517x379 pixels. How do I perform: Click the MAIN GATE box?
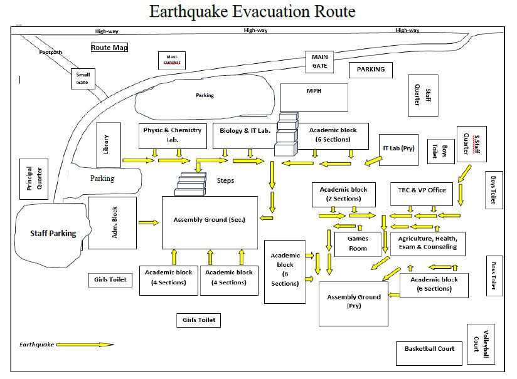[x=320, y=61]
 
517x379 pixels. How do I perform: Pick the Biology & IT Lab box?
[x=245, y=134]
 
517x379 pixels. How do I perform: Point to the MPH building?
[x=314, y=97]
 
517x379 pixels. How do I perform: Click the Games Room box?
[x=358, y=243]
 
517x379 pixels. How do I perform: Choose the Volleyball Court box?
[x=481, y=345]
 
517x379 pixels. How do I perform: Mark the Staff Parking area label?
[x=53, y=233]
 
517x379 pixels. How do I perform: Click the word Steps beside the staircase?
[x=225, y=180]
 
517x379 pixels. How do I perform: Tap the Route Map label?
[x=110, y=48]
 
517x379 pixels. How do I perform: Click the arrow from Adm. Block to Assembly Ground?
[x=149, y=222]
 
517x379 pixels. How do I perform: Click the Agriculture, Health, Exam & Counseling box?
[x=428, y=242]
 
